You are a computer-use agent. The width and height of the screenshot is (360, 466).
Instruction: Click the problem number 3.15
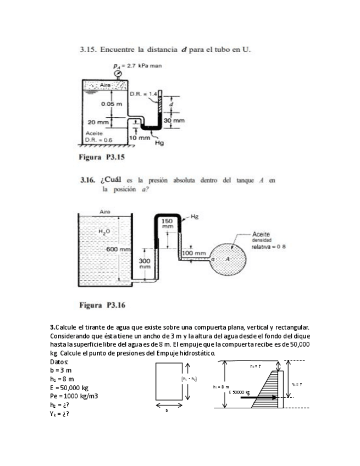[88, 50]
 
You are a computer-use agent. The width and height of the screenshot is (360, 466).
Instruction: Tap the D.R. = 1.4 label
[143, 94]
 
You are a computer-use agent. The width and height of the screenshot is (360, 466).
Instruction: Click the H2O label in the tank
[104, 232]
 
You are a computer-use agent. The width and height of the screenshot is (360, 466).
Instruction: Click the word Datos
[59, 363]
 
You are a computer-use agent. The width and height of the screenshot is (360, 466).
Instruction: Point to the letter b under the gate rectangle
[167, 410]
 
